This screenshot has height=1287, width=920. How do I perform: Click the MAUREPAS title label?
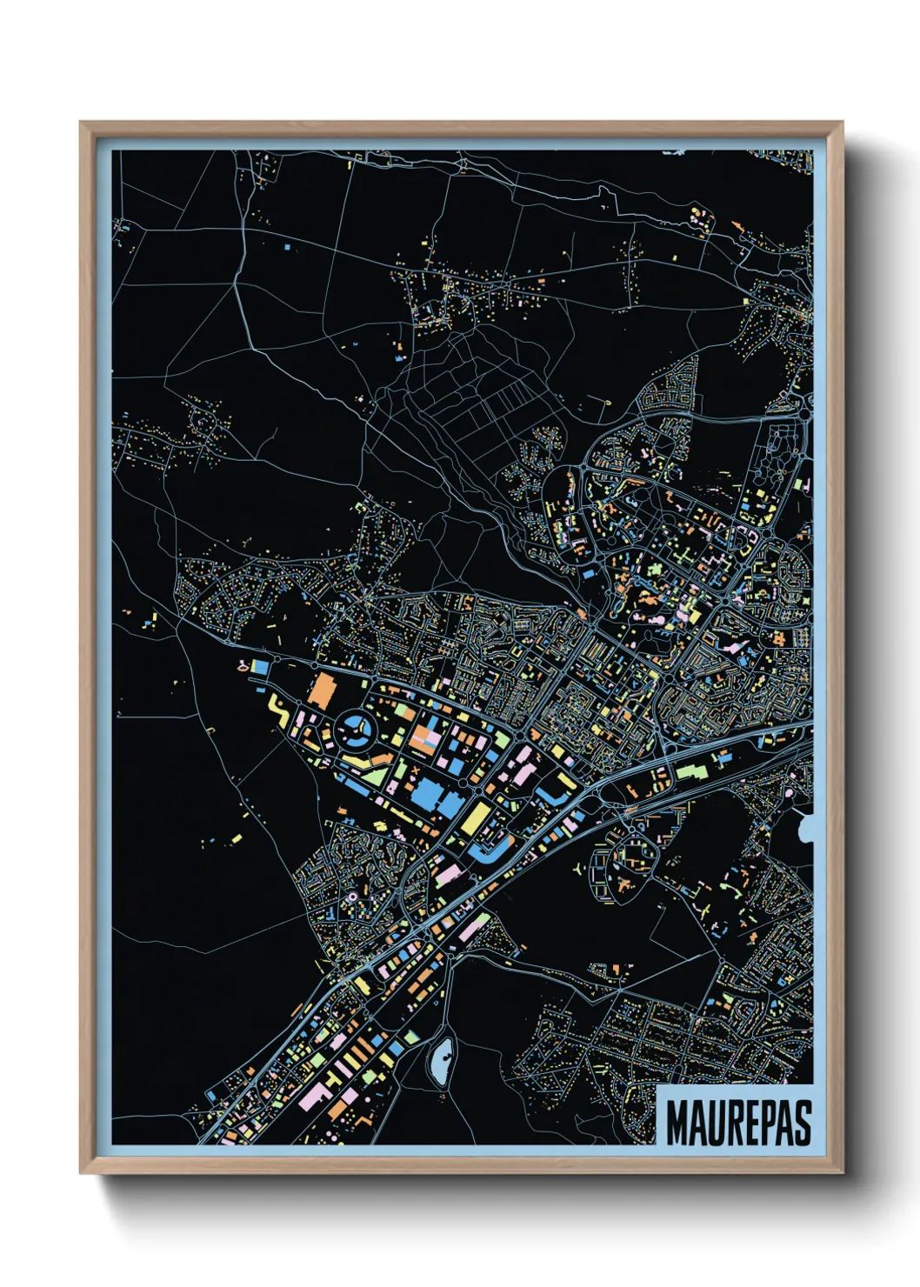(x=737, y=1123)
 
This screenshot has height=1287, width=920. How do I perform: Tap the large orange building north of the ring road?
(x=322, y=689)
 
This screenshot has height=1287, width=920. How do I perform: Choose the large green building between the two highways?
(x=691, y=770)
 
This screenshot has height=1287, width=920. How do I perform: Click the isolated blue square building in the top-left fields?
(x=286, y=247)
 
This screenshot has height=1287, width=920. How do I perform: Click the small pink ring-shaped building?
(x=352, y=896)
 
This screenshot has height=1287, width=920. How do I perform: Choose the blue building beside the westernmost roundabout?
(x=259, y=666)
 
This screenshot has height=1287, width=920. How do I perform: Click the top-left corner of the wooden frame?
(x=82, y=123)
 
